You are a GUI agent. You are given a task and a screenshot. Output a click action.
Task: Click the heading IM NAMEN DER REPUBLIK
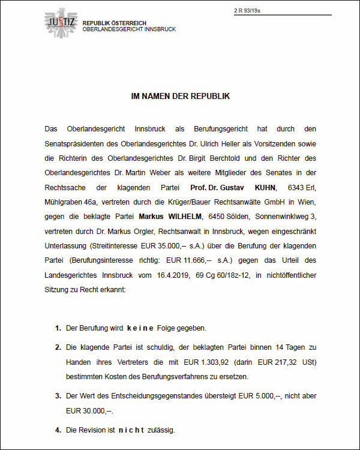pyautogui.click(x=180, y=96)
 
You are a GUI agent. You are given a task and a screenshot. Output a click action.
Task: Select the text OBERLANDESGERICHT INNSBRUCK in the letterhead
pyautogui.click(x=129, y=29)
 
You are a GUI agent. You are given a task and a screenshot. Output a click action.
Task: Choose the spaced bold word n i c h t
pyautogui.click(x=131, y=430)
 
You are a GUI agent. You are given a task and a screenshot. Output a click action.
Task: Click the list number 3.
pyautogui.click(x=58, y=396)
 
